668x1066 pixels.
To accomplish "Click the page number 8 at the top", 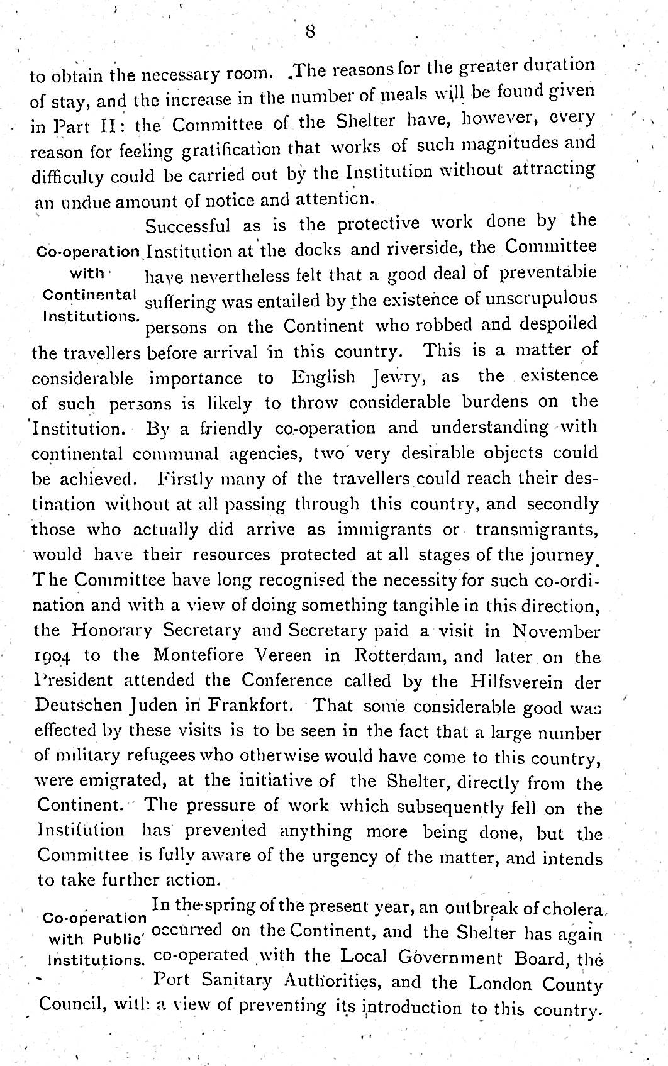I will pos(309,31).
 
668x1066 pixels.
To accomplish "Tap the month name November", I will pos(556,630).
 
